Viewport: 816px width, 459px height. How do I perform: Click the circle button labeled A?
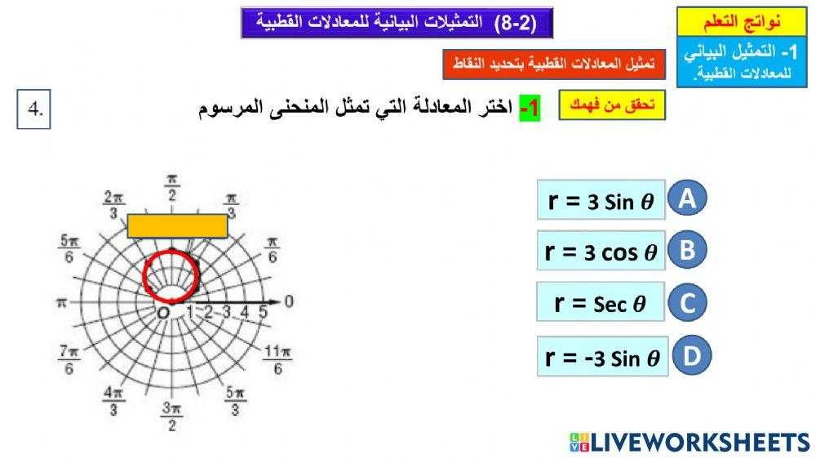(x=687, y=198)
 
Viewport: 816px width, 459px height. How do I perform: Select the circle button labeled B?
(x=687, y=250)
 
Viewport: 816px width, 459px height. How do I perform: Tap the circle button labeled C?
(x=687, y=303)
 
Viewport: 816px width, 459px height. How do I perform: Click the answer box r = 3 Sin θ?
(x=601, y=200)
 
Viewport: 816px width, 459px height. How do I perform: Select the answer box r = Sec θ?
(x=600, y=303)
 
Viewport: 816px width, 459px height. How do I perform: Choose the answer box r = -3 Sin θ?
(x=602, y=356)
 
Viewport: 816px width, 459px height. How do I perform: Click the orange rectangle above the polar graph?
(x=178, y=226)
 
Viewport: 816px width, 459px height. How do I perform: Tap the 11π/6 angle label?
(x=277, y=360)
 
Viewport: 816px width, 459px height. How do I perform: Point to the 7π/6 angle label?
(x=69, y=359)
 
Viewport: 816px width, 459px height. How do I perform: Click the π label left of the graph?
(x=60, y=302)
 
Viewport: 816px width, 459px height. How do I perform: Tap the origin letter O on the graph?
(x=163, y=313)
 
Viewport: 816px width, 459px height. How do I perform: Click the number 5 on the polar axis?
(x=263, y=311)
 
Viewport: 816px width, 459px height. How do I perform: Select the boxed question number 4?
(x=34, y=110)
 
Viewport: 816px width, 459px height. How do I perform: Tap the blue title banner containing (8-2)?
(x=397, y=23)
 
